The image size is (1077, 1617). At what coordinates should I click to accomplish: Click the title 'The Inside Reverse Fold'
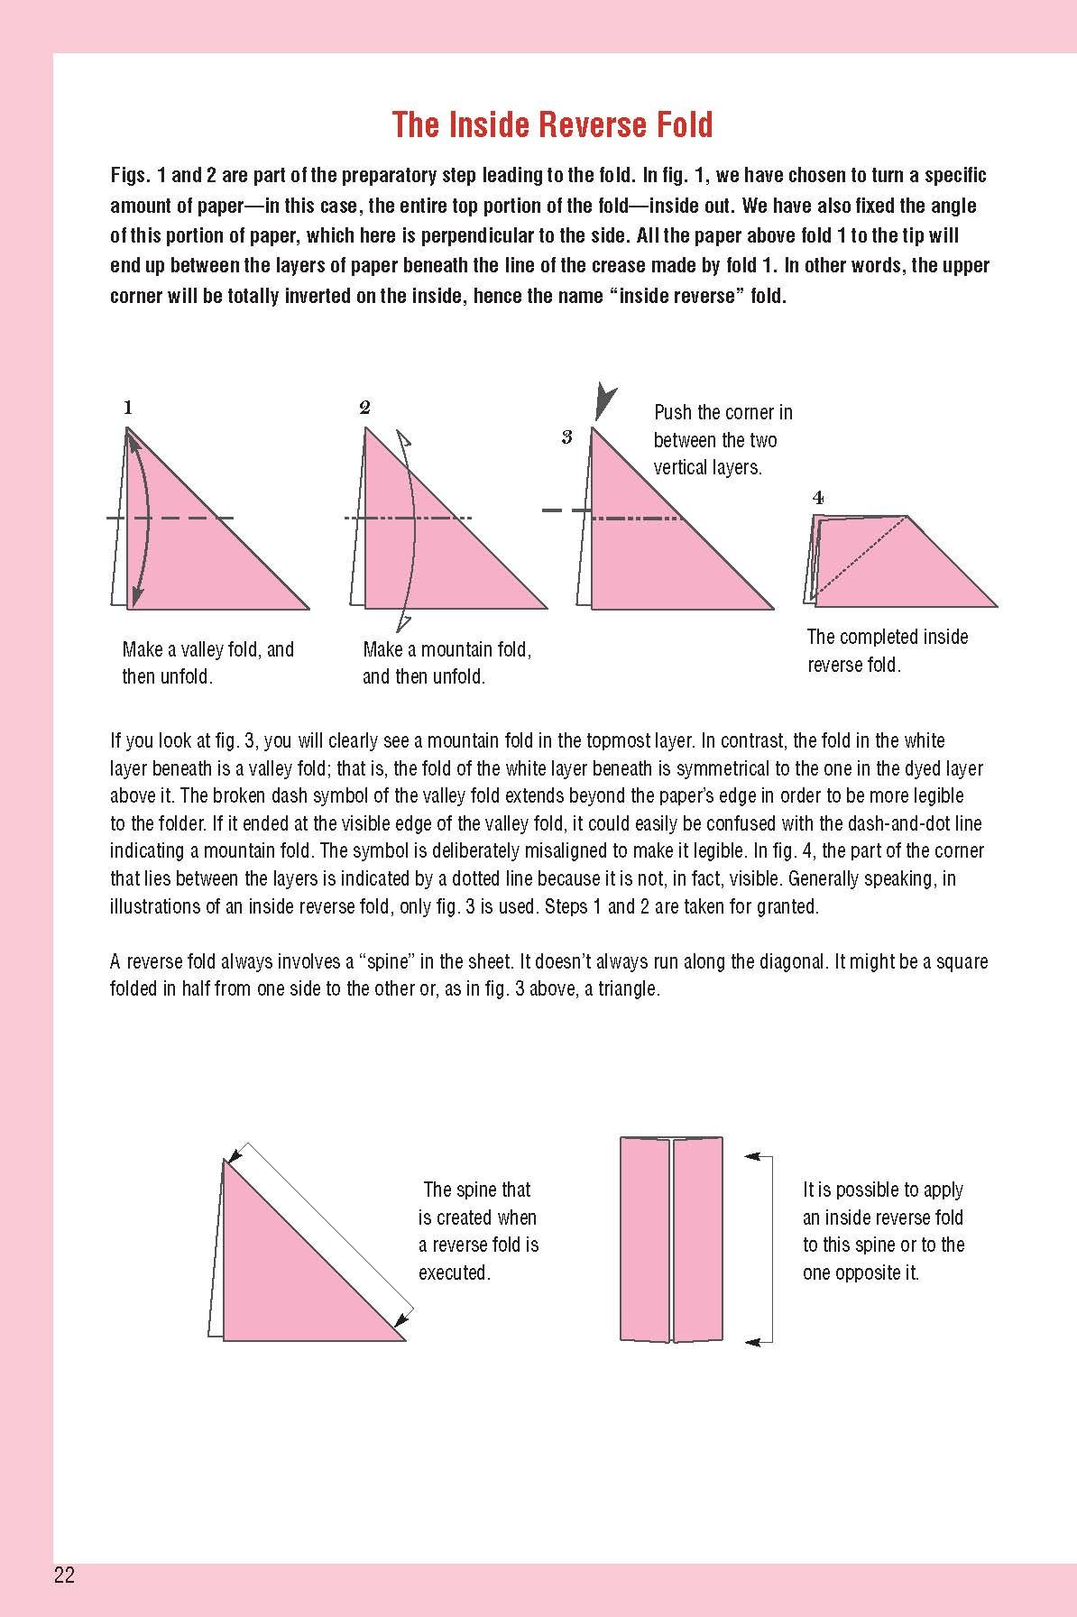pos(552,124)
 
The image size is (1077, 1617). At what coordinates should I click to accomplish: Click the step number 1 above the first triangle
pos(128,408)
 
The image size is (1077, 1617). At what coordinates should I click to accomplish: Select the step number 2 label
pos(364,408)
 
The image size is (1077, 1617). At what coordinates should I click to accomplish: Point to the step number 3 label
pos(566,438)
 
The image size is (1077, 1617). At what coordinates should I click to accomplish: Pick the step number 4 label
pos(817,497)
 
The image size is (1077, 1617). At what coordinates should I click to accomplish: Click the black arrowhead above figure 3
pos(604,400)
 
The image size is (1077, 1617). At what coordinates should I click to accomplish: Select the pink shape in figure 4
pos(902,568)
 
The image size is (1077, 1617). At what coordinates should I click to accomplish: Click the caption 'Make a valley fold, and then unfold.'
pos(208,663)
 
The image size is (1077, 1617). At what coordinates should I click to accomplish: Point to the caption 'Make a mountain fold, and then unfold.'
pos(446,663)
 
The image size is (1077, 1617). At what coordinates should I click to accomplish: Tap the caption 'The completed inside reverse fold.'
pos(887,650)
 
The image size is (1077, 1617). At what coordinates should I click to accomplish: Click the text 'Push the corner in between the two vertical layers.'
pos(723,440)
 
